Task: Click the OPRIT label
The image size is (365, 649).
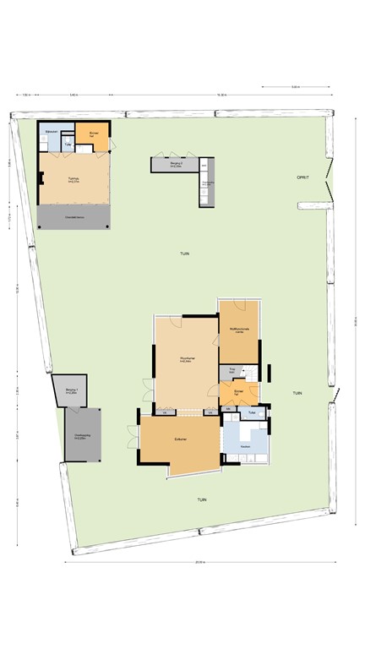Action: point(302,177)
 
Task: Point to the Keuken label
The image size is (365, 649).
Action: point(246,445)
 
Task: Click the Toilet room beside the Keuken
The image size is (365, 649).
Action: point(253,412)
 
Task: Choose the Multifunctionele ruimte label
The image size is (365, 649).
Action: point(238,331)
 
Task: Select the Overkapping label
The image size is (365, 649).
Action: point(81,438)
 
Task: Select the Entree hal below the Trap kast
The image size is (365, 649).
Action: point(239,392)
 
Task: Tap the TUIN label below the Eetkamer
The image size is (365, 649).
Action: point(202,499)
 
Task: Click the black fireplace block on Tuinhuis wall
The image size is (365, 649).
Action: point(40,177)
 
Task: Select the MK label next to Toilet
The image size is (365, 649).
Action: point(228,410)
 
